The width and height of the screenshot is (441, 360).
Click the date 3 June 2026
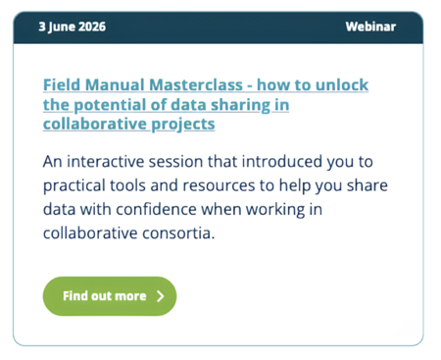[73, 26]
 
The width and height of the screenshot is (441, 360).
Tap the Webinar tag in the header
[370, 26]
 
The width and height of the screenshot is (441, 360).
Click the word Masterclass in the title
[196, 84]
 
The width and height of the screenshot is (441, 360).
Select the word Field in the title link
[62, 84]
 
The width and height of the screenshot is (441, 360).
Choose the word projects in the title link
[183, 125]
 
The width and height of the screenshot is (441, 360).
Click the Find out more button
[110, 296]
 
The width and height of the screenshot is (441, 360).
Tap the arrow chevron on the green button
[161, 296]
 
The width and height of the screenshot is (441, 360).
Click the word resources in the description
[219, 185]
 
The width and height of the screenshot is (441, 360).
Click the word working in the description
[275, 210]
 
